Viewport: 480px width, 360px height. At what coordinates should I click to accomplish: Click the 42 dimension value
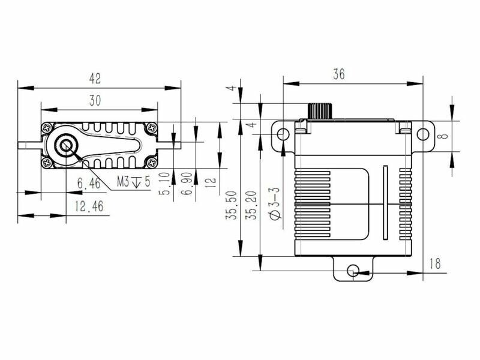tap(95, 79)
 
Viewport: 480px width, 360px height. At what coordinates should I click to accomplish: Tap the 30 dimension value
tap(95, 100)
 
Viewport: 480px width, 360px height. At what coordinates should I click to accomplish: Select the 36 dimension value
tap(339, 74)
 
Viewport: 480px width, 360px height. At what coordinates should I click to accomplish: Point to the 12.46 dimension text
tap(89, 206)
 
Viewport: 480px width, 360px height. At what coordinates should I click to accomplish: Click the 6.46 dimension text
tap(89, 184)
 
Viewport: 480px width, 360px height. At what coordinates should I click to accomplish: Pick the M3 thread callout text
tap(134, 182)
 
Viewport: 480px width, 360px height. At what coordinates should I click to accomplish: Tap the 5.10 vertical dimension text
tap(164, 184)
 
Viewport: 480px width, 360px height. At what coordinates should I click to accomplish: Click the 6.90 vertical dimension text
tap(187, 184)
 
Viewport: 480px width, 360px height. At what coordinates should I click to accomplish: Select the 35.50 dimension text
tap(232, 205)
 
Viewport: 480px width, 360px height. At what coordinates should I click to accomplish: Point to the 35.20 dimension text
tap(251, 205)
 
